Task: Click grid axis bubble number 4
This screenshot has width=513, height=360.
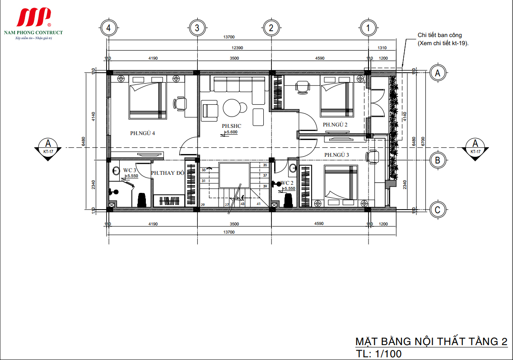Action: click(x=107, y=28)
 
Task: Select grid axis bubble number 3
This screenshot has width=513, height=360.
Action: click(x=196, y=28)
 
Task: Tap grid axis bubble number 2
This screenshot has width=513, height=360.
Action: click(x=271, y=28)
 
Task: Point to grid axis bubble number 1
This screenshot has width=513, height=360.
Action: click(x=369, y=28)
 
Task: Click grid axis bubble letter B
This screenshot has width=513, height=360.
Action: click(x=437, y=160)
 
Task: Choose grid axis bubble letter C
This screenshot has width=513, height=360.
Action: click(x=437, y=210)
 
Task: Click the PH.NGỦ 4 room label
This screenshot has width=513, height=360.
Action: click(x=143, y=133)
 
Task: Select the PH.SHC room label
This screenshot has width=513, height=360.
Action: click(x=231, y=126)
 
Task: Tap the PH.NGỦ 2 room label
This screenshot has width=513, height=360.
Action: click(x=335, y=125)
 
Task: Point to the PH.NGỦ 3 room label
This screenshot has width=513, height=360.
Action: click(x=337, y=155)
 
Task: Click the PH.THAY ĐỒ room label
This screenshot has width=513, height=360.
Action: click(x=167, y=173)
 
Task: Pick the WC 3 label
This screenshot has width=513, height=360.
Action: click(x=130, y=170)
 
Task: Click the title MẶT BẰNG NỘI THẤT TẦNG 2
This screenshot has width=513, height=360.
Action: click(x=431, y=342)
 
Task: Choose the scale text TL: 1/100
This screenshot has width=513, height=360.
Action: click(x=378, y=354)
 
